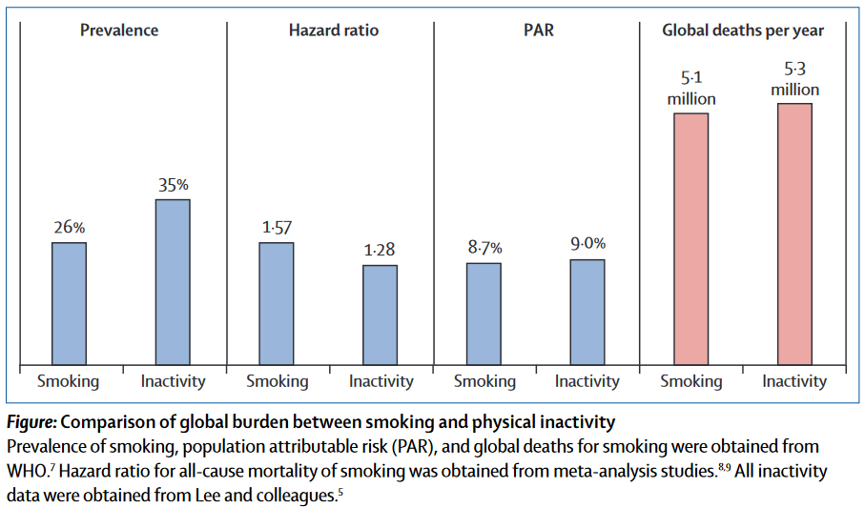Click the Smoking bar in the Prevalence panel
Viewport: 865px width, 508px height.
pos(69,303)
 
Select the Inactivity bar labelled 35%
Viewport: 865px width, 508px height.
pos(173,281)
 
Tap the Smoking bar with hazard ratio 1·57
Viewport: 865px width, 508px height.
pos(277,303)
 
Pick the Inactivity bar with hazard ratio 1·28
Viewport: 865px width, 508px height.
pos(380,315)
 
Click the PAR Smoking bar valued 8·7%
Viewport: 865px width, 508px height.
pos(484,314)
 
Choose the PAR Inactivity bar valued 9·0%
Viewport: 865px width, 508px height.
pos(587,312)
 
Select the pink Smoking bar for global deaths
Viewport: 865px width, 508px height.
pos(691,238)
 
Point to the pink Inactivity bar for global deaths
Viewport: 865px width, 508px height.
pos(794,234)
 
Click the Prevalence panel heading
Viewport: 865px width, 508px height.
pos(119,30)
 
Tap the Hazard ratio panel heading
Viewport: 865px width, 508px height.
pos(333,30)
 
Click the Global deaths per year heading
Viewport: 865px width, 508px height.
pos(743,30)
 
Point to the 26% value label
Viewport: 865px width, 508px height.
pos(69,229)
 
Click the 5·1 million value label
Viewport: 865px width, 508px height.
pos(691,90)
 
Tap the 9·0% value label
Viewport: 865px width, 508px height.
pos(587,244)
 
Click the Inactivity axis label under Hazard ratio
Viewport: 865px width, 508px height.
pos(381,381)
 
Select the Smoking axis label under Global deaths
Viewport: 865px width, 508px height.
pos(691,381)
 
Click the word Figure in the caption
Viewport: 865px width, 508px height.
pos(31,422)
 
